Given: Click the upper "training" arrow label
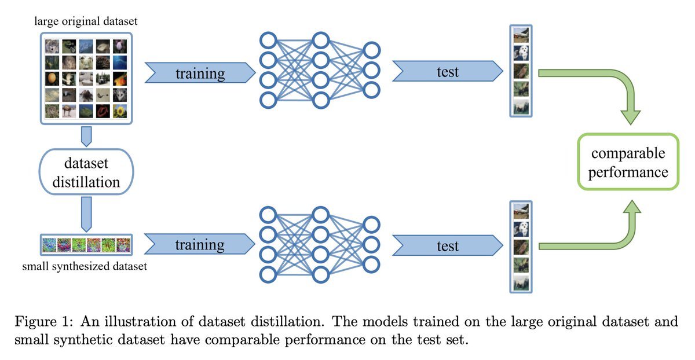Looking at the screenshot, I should pyautogui.click(x=200, y=73).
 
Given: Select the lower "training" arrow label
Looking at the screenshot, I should pyautogui.click(x=200, y=245).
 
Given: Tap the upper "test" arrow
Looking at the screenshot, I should pyautogui.click(x=447, y=72).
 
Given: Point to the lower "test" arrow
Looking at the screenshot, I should pyautogui.click(x=447, y=245).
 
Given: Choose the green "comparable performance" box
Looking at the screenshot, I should pyautogui.click(x=628, y=163).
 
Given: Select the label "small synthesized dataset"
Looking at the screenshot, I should pyautogui.click(x=85, y=267).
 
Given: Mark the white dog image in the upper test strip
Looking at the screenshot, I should pyautogui.click(x=520, y=53).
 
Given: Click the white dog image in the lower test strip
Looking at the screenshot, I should pyautogui.click(x=520, y=228).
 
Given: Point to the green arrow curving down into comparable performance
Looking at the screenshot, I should pyautogui.click(x=608, y=87).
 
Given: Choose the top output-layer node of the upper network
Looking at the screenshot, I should pyautogui.click(x=372, y=50).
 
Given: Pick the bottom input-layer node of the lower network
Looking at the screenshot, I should pyautogui.click(x=268, y=274).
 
